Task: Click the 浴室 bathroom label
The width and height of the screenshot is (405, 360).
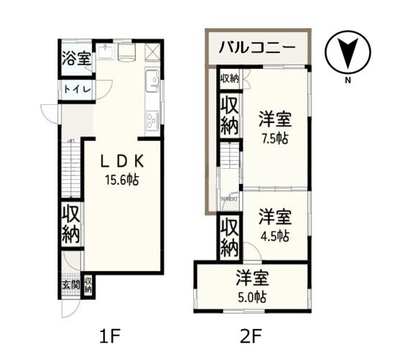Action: pos(76,59)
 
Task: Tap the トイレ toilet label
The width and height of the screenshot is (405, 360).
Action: pos(76,89)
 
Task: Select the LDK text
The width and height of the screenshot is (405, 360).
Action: pos(122,160)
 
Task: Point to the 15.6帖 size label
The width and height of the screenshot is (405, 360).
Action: pos(122,180)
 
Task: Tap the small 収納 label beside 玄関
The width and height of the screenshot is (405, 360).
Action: pos(88,285)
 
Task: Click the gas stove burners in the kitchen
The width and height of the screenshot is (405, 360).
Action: pos(152,119)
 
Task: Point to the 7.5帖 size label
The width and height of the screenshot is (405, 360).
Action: pos(274,138)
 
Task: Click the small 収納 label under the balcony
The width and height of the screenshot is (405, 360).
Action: pos(229,78)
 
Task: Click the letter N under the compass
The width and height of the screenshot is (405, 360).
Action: pos(348,80)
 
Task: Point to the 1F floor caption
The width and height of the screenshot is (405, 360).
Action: pos(108,336)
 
